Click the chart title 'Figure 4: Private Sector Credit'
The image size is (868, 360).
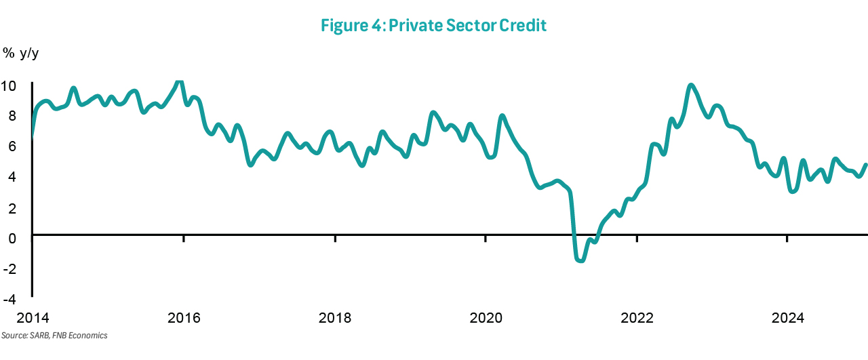click(433, 26)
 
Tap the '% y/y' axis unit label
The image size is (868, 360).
click(20, 52)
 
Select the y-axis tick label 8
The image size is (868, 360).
click(12, 116)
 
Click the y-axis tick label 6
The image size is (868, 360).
click(12, 146)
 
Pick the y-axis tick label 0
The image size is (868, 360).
click(12, 237)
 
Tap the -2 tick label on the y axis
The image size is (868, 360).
click(9, 268)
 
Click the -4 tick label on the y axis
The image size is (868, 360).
click(9, 298)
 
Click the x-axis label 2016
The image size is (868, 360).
click(184, 318)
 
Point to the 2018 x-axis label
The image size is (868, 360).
click(335, 318)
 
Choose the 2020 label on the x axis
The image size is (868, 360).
click(486, 318)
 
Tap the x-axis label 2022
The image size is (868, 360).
click(637, 318)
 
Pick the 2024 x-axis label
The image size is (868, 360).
click(788, 318)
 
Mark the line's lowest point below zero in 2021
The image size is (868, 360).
click(580, 260)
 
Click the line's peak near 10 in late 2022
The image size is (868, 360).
click(691, 85)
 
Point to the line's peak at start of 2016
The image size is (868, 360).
click(178, 82)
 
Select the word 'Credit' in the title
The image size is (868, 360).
click(523, 26)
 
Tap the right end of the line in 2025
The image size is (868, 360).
click(866, 164)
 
